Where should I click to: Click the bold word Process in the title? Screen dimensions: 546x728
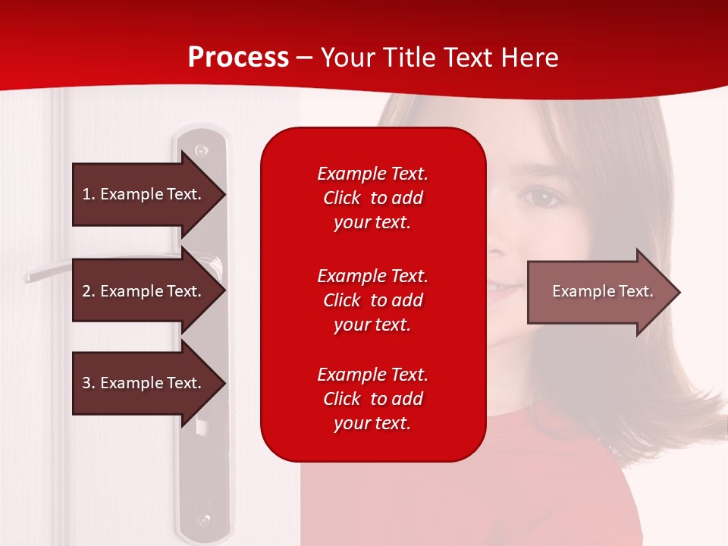(x=238, y=58)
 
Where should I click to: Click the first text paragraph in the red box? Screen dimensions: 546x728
(x=372, y=198)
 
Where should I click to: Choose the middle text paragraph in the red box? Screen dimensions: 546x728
(x=372, y=300)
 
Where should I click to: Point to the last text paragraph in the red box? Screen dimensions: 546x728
(x=372, y=399)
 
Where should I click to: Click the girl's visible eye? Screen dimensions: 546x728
(x=541, y=199)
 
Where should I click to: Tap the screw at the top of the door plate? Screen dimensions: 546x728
(x=201, y=151)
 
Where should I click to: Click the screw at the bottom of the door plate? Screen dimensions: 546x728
(x=202, y=520)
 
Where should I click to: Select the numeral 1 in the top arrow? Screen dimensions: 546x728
(x=86, y=194)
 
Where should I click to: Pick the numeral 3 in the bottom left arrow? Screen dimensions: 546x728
(x=86, y=383)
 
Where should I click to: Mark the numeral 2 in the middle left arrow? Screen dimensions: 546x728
(x=86, y=291)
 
